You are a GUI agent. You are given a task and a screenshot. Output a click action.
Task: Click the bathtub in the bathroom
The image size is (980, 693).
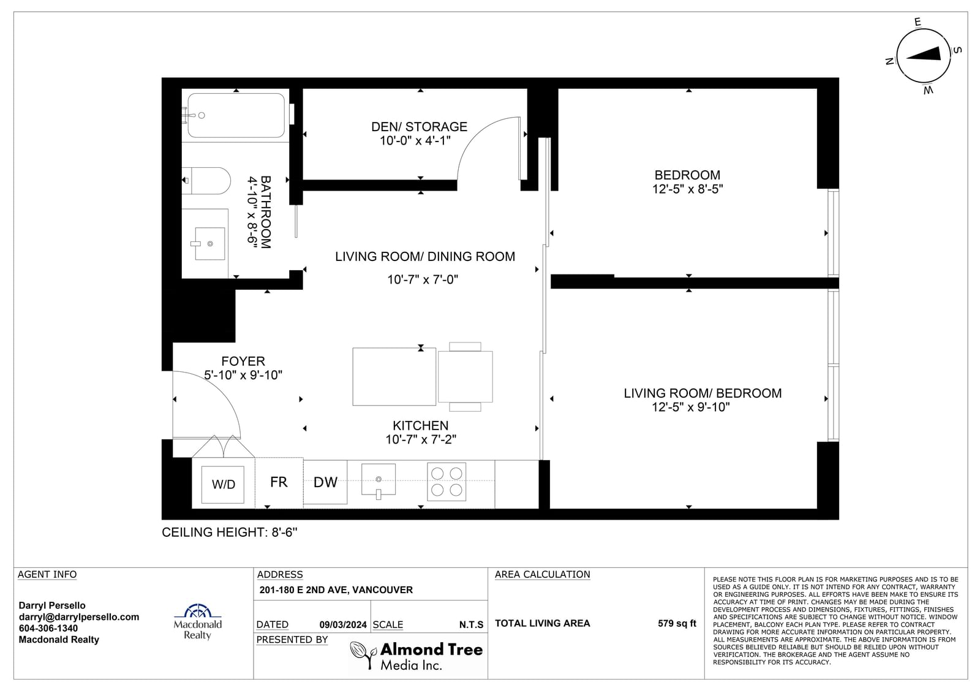click(x=236, y=115)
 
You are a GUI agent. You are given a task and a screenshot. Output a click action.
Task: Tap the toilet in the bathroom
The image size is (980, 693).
click(x=206, y=180)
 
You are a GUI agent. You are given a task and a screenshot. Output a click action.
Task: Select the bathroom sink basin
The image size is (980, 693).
click(x=210, y=243)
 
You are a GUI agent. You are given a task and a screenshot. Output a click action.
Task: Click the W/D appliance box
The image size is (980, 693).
click(x=223, y=484)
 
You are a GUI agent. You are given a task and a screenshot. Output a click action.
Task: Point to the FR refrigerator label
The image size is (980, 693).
click(x=279, y=482)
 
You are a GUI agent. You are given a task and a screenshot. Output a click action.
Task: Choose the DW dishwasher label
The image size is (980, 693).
click(x=325, y=482)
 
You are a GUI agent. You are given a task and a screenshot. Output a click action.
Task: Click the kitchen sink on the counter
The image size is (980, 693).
click(x=379, y=481)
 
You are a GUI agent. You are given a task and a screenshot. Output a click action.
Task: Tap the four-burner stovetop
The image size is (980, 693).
click(x=447, y=482)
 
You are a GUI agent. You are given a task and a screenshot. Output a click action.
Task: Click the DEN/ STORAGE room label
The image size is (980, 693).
click(x=419, y=126)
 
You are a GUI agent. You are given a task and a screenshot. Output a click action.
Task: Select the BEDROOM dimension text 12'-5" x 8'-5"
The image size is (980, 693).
click(x=687, y=189)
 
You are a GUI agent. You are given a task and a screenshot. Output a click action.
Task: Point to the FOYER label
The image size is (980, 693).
click(x=243, y=361)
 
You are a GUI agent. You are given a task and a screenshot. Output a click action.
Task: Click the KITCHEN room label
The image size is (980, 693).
click(x=420, y=425)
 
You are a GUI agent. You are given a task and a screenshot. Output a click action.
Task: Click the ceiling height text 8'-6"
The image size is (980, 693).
click(x=284, y=532)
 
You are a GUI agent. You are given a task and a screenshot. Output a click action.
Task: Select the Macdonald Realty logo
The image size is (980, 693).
click(x=198, y=622)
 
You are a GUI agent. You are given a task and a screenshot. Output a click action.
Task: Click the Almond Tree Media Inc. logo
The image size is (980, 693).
click(x=417, y=656)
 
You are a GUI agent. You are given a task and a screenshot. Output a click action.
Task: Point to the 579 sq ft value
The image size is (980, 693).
click(x=677, y=623)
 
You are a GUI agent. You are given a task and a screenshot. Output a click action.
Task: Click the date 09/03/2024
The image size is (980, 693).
click(x=343, y=625)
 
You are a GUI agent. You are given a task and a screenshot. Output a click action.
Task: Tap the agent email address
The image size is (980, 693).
click(x=79, y=617)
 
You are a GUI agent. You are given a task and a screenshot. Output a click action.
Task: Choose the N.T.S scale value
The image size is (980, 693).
click(x=471, y=625)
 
